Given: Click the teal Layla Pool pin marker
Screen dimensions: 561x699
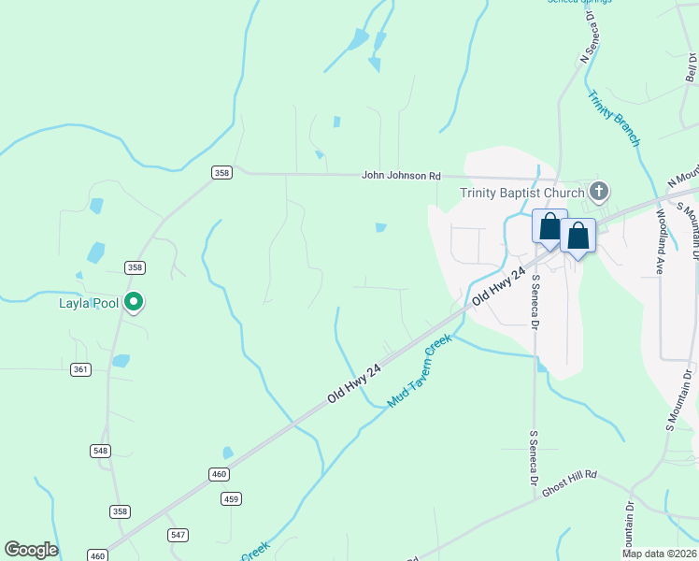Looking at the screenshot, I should (x=134, y=301).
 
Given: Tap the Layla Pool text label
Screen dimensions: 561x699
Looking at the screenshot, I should (x=92, y=302).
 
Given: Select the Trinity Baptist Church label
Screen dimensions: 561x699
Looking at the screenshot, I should (x=521, y=194).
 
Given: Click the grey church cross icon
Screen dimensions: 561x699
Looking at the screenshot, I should (x=599, y=193).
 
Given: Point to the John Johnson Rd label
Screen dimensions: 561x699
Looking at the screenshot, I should (x=401, y=175).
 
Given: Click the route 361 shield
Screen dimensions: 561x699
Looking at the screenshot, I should (x=80, y=369).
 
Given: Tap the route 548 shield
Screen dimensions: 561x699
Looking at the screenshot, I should (x=101, y=451).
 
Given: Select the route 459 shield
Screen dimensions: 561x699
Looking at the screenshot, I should (x=232, y=498).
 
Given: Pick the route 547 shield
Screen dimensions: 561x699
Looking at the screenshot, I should (x=178, y=535).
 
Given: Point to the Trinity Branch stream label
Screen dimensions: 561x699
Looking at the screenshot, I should (x=613, y=118).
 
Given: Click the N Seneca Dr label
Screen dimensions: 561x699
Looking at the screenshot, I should (x=589, y=37).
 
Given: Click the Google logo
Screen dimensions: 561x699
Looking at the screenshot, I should (x=31, y=550).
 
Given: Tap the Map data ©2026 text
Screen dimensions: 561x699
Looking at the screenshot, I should (x=660, y=554).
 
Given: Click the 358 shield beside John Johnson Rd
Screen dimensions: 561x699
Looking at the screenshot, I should (x=221, y=172).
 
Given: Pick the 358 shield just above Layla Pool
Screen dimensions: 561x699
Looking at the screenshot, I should (x=135, y=267).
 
